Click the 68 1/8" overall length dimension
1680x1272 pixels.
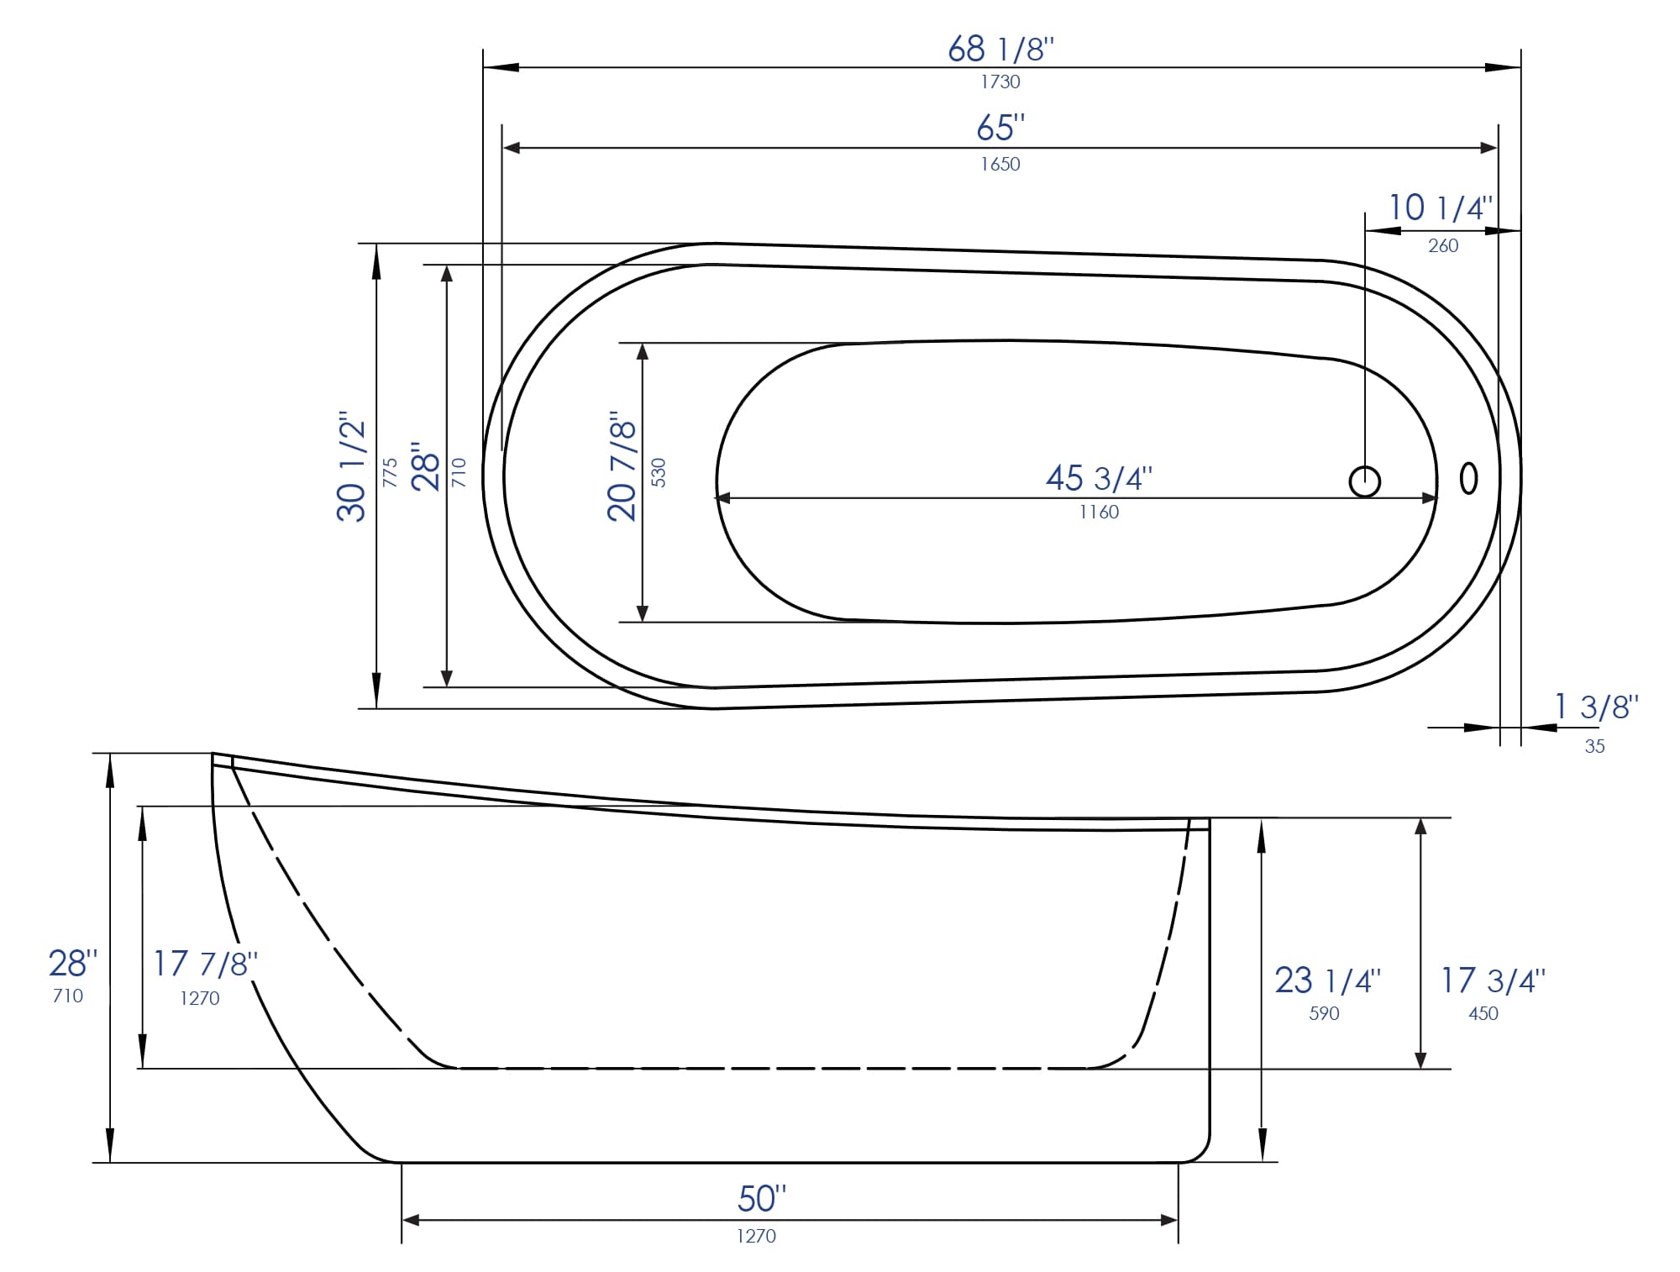pyautogui.click(x=1000, y=49)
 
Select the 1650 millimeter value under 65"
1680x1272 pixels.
pyautogui.click(x=1000, y=164)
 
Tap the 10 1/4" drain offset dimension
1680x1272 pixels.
pyautogui.click(x=1440, y=208)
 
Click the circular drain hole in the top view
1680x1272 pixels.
pyautogui.click(x=1364, y=481)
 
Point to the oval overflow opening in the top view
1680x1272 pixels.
pyautogui.click(x=1468, y=478)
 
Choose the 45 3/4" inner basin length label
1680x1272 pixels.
pyautogui.click(x=1098, y=478)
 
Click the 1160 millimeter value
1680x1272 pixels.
pyautogui.click(x=1098, y=512)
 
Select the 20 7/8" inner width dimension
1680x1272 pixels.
pyautogui.click(x=622, y=466)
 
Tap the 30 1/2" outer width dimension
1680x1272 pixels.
pyautogui.click(x=352, y=466)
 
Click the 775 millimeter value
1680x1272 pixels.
pyautogui.click(x=390, y=472)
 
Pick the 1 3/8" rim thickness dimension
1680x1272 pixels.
pyautogui.click(x=1595, y=707)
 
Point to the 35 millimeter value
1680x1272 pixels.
pyautogui.click(x=1593, y=746)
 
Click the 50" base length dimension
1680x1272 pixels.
pyautogui.click(x=761, y=1198)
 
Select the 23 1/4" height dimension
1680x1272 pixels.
pyautogui.click(x=1327, y=980)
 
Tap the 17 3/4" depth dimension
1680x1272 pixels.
pyautogui.click(x=1493, y=980)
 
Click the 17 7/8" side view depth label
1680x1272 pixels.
pyautogui.click(x=204, y=964)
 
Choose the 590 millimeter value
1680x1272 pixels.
pyautogui.click(x=1323, y=1013)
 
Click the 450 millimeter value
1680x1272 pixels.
pyautogui.click(x=1483, y=1013)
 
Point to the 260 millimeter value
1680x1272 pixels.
pyautogui.click(x=1442, y=245)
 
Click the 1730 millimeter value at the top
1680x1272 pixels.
pyautogui.click(x=1000, y=81)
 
